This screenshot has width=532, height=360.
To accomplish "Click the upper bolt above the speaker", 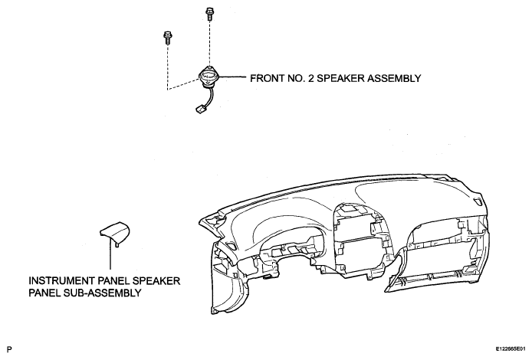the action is (x=209, y=14).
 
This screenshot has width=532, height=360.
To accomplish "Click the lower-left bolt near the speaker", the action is (x=167, y=38).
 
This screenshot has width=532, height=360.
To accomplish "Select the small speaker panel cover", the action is (x=115, y=233).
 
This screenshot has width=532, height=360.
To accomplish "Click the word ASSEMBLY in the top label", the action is (x=394, y=78).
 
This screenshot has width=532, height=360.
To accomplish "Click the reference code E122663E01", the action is (x=511, y=349).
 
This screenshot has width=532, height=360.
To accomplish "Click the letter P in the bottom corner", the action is (x=9, y=349).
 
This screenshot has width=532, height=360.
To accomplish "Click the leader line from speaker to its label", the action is (x=232, y=77).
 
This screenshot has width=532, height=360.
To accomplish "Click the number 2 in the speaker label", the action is (x=311, y=78).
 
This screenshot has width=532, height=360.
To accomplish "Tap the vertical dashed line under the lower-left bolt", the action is (x=167, y=67).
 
